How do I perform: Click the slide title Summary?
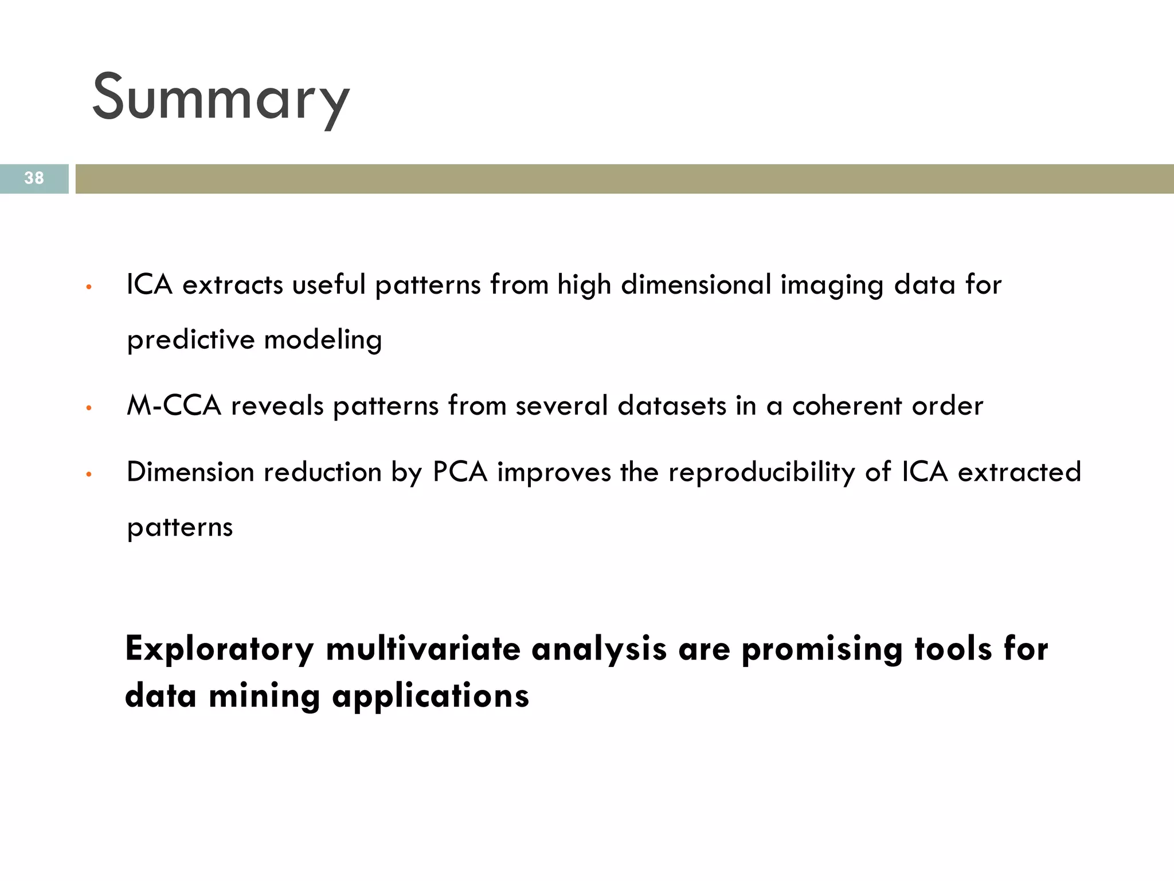click(221, 98)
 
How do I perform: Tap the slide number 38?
click(34, 178)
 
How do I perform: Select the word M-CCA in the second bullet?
click(174, 406)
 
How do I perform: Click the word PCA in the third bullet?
click(460, 473)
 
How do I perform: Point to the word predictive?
click(190, 340)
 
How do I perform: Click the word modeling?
click(323, 340)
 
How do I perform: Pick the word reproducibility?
click(762, 473)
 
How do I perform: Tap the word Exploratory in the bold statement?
click(220, 649)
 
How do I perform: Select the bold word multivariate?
click(423, 649)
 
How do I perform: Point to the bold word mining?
click(264, 696)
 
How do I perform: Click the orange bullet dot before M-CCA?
click(88, 409)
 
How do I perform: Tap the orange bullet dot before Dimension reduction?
click(88, 475)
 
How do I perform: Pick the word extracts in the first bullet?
click(233, 285)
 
